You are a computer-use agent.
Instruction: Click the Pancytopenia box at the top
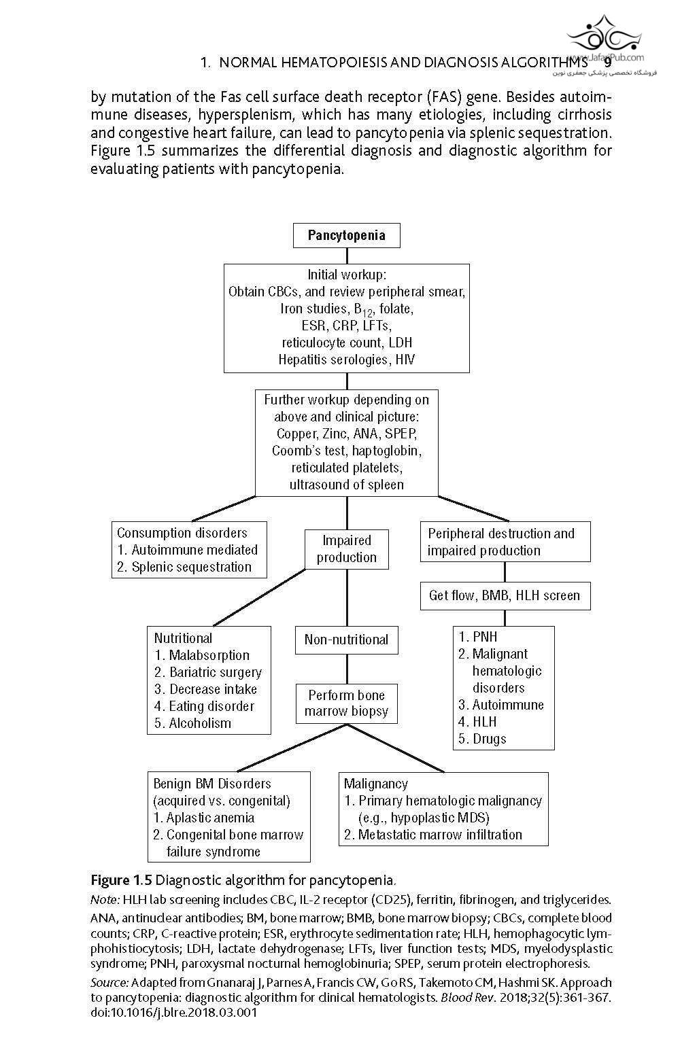[x=346, y=236]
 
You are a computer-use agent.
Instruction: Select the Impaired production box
[x=347, y=549]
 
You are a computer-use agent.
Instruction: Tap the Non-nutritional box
[x=346, y=640]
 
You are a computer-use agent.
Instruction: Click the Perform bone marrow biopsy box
[x=346, y=703]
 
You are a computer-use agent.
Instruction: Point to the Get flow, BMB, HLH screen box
[x=504, y=595]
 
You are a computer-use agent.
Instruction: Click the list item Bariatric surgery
[x=207, y=672]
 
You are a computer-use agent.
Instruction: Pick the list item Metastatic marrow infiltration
[x=433, y=835]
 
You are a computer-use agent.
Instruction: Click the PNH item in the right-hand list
[x=477, y=637]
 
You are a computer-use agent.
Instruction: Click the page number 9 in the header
[x=607, y=63]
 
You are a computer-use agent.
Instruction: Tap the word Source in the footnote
[x=109, y=982]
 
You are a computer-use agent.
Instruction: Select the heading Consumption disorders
[x=182, y=533]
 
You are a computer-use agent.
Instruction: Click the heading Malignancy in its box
[x=376, y=784]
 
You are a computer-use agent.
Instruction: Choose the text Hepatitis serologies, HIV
[x=346, y=360]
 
